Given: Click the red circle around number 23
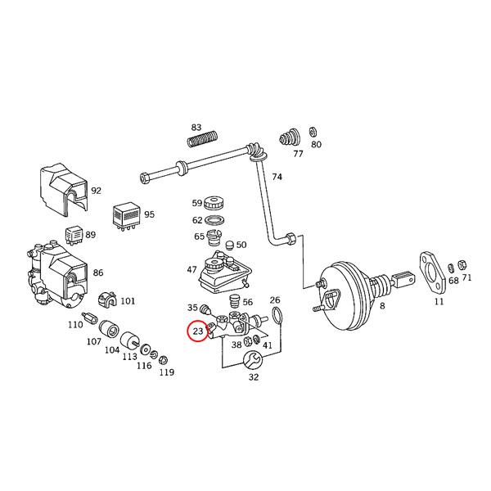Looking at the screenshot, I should point(197,332).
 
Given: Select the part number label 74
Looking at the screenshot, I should point(277,177).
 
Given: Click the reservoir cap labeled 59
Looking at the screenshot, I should point(218,203).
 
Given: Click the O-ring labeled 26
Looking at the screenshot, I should point(277,316).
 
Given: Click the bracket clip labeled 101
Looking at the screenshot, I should point(107,300).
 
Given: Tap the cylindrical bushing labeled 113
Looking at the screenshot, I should point(128,340).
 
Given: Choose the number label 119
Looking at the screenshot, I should point(166,372).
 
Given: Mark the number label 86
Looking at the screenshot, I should point(97,273).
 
